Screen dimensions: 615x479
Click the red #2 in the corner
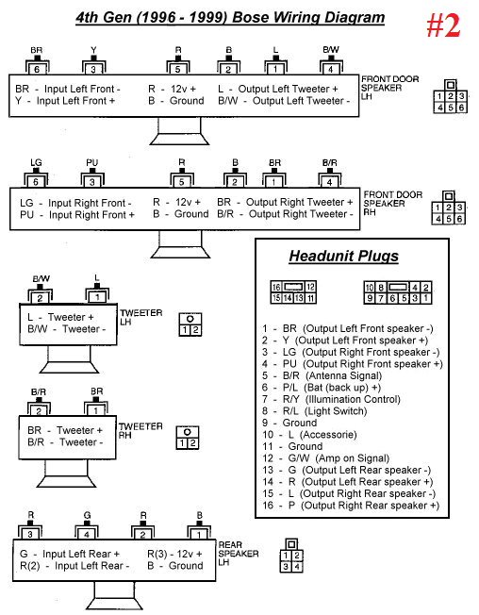pos(442,25)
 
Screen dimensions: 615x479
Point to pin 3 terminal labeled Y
pos(92,68)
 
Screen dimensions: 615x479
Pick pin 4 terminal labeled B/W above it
pos(331,68)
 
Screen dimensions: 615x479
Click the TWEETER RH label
pos(134,429)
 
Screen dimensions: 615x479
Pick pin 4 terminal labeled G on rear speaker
pos(86,533)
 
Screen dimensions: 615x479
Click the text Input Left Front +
pos(77,100)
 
